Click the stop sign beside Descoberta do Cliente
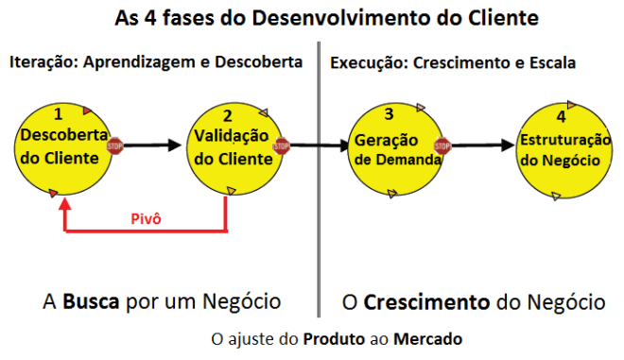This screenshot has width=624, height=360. click(x=115, y=146)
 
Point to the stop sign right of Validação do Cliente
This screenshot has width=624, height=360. click(x=281, y=146)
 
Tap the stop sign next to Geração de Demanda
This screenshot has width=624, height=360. click(x=443, y=146)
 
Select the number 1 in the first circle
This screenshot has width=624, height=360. click(x=59, y=114)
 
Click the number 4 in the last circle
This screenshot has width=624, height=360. click(x=561, y=117)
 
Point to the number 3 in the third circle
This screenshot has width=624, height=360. click(x=389, y=116)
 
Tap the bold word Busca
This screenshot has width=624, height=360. click(x=91, y=302)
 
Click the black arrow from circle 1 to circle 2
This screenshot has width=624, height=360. click(x=151, y=146)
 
